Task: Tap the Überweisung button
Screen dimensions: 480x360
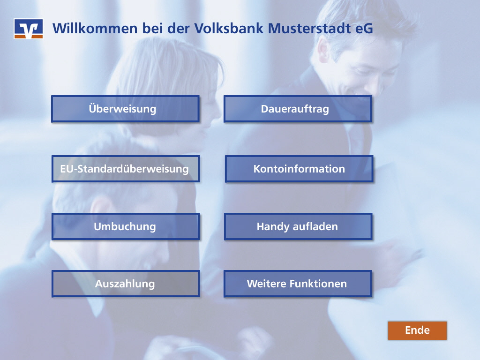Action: click(x=125, y=109)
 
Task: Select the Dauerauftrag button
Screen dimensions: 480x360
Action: click(x=298, y=109)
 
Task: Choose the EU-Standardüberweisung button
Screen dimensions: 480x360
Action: click(x=126, y=169)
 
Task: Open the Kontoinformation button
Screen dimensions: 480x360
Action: click(x=299, y=169)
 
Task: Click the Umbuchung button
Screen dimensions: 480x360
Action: click(x=126, y=226)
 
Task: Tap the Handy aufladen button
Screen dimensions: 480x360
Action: click(x=299, y=226)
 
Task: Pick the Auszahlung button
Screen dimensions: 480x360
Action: click(x=126, y=284)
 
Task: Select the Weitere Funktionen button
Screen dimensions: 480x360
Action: click(x=298, y=284)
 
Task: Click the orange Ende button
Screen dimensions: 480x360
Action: click(x=417, y=330)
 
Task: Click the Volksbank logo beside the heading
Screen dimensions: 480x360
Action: click(x=29, y=29)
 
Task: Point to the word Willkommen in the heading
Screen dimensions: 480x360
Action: click(x=95, y=29)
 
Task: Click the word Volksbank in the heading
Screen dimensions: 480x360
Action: click(x=229, y=28)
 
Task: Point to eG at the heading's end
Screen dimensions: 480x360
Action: click(x=364, y=29)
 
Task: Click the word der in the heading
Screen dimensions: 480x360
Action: click(x=179, y=28)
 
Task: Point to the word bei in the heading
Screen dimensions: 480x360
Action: click(x=152, y=28)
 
